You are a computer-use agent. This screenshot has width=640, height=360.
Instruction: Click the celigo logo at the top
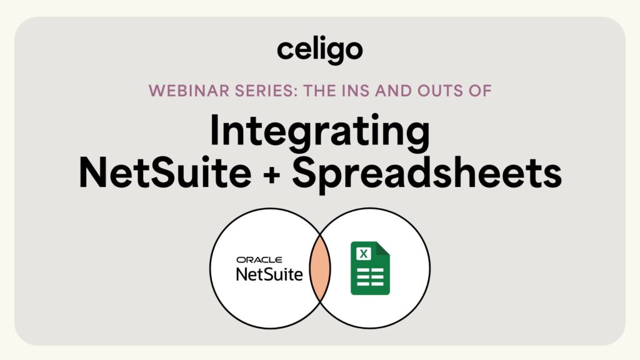[x=319, y=51]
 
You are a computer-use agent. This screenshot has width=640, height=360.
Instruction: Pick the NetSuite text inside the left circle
[x=269, y=274]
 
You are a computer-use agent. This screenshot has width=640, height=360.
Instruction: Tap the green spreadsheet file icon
[x=370, y=269]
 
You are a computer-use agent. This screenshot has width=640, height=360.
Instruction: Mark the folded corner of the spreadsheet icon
[x=383, y=249]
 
